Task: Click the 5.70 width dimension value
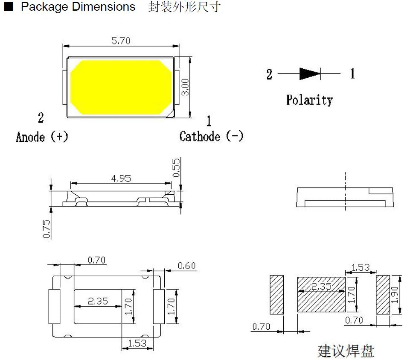(x=121, y=41)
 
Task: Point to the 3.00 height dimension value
(x=185, y=87)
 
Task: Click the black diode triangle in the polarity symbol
(x=309, y=74)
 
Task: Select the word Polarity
(x=309, y=100)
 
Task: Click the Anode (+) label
(x=42, y=137)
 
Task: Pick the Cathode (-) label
(x=211, y=137)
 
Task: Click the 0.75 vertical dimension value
(x=47, y=229)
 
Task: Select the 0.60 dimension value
(x=186, y=266)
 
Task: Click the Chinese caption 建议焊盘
(x=346, y=351)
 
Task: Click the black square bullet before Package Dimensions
(x=9, y=7)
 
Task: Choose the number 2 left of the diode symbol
(x=269, y=74)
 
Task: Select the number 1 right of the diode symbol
(x=352, y=74)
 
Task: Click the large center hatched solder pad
(x=321, y=295)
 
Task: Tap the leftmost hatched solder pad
(x=277, y=295)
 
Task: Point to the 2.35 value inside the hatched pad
(x=321, y=287)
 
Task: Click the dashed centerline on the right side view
(x=345, y=192)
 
